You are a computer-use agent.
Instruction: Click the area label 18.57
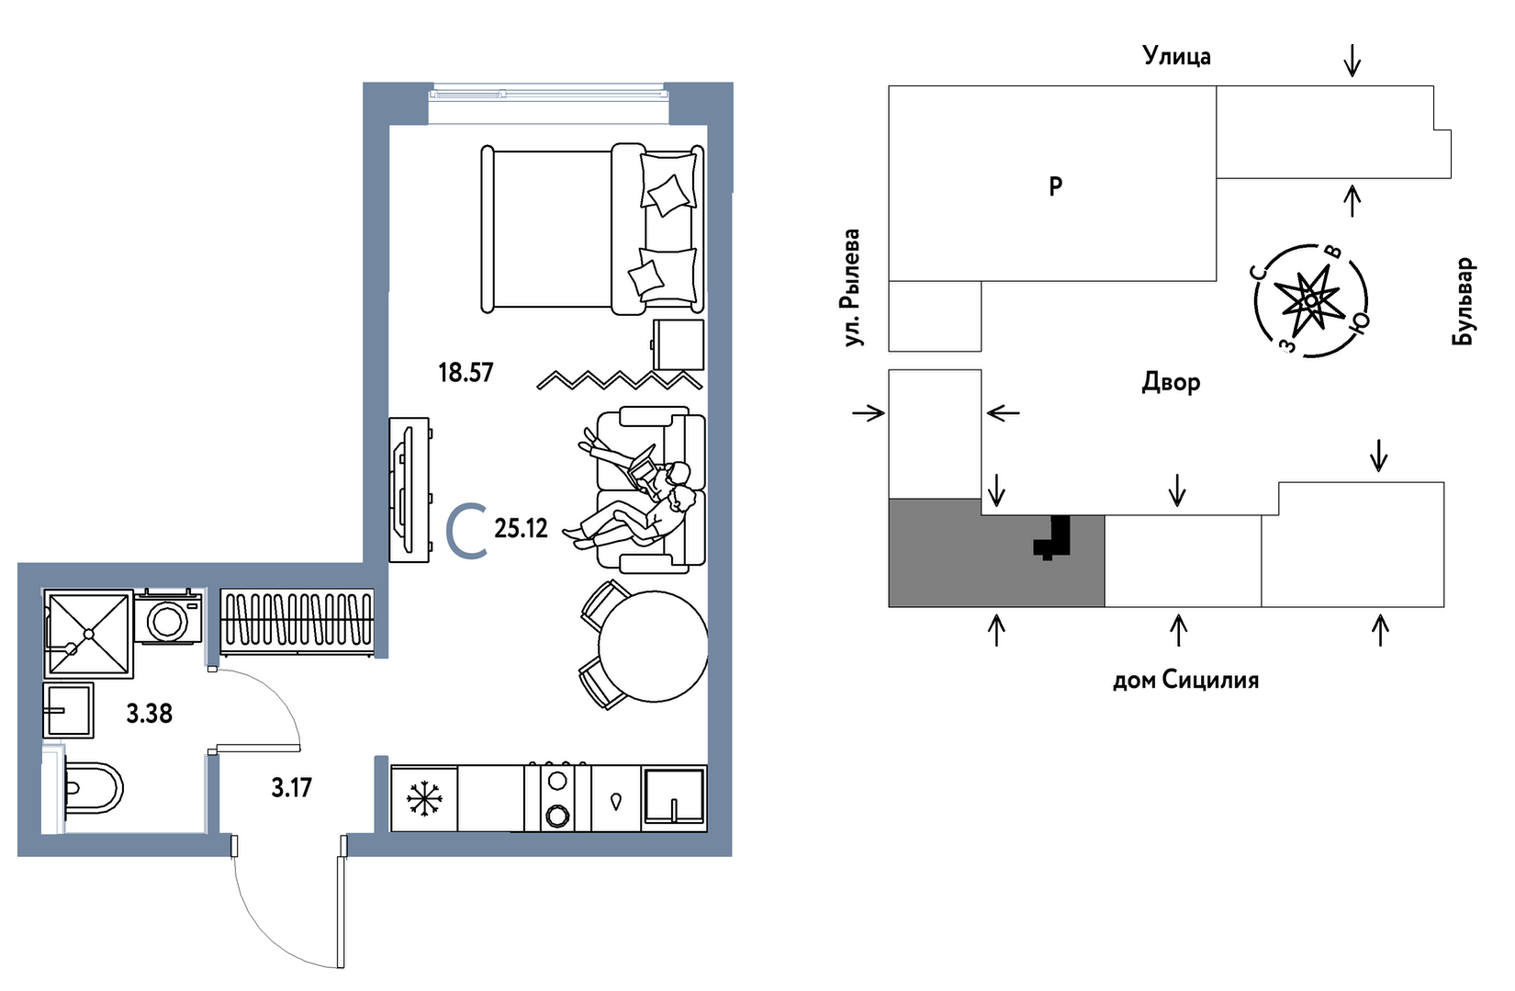(466, 372)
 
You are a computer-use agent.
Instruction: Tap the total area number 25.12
(521, 528)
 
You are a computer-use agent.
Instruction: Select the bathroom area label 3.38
(150, 713)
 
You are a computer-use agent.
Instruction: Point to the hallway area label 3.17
(291, 787)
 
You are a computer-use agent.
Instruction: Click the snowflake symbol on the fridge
(424, 798)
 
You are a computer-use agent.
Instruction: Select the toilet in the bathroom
(92, 788)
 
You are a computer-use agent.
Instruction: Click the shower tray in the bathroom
(88, 634)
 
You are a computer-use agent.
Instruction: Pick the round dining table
(653, 647)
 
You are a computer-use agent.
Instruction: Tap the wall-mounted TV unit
(409, 490)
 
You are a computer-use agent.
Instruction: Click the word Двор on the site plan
(1171, 381)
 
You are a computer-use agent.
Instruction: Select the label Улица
(1176, 56)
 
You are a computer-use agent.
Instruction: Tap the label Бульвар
(1464, 301)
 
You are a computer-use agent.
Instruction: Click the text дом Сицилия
(1185, 680)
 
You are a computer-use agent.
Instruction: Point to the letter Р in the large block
(1055, 186)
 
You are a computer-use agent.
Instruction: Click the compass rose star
(1311, 300)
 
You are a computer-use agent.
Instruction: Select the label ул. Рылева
(853, 287)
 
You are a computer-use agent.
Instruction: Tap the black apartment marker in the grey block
(1053, 538)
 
